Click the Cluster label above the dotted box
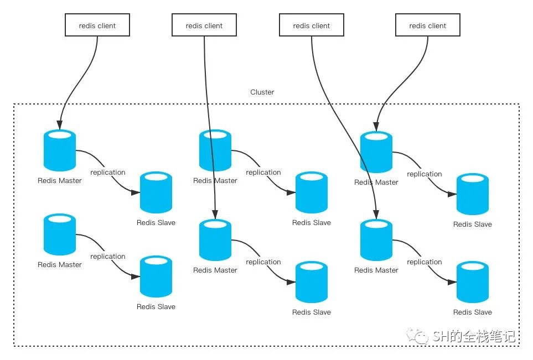(x=262, y=92)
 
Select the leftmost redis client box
(x=97, y=25)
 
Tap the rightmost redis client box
(x=428, y=25)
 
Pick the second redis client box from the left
(x=204, y=25)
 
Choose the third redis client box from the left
(x=312, y=25)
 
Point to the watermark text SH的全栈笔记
(x=474, y=336)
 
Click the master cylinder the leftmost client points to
(x=60, y=150)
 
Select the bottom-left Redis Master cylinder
(x=60, y=234)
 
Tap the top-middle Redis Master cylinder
(x=215, y=150)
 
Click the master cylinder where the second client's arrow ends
(x=215, y=240)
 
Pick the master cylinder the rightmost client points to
(x=376, y=152)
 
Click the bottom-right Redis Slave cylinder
(x=473, y=282)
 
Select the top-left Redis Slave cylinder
(x=156, y=192)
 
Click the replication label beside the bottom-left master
(x=108, y=257)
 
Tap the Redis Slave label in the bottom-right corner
(x=473, y=312)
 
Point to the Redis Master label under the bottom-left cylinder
(x=60, y=264)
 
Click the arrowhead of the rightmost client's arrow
(x=376, y=127)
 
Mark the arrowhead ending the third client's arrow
(x=376, y=215)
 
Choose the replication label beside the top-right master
(x=425, y=174)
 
